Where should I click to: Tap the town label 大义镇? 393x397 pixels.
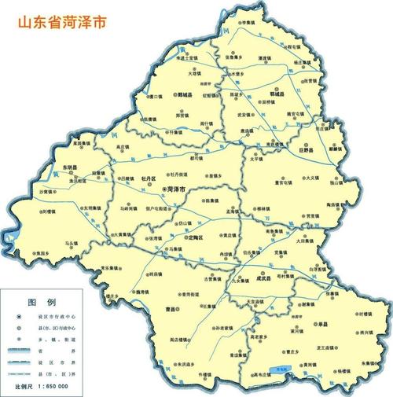point(312,178)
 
